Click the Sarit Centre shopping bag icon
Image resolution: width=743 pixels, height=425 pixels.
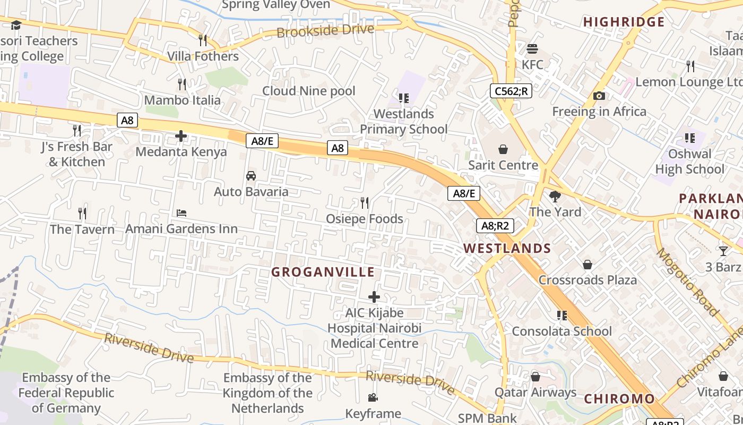[503, 149]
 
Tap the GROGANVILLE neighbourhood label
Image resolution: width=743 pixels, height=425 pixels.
[323, 272]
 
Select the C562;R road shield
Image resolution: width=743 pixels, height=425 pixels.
[511, 91]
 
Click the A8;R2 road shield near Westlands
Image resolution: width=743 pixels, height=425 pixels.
[495, 226]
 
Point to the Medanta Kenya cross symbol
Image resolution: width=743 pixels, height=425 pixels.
[181, 136]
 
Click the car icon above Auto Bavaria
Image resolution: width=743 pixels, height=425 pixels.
[251, 176]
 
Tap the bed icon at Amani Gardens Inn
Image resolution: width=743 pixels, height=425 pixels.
[182, 213]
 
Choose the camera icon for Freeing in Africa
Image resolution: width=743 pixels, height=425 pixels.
[599, 96]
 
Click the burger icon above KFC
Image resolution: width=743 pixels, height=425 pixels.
[532, 49]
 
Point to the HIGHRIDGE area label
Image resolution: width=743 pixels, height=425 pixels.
[624, 22]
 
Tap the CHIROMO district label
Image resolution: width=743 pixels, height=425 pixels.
[619, 399]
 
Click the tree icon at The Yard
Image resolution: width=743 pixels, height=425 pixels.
[555, 197]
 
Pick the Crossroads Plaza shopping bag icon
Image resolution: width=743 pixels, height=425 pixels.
[588, 265]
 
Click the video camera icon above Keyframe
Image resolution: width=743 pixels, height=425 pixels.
[373, 398]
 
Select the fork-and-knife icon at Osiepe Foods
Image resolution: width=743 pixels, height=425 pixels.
[365, 202]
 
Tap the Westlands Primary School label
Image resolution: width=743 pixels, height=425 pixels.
[404, 121]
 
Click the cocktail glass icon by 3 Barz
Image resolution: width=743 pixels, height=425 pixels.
[723, 251]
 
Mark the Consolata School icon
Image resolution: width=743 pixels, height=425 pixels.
[562, 316]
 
